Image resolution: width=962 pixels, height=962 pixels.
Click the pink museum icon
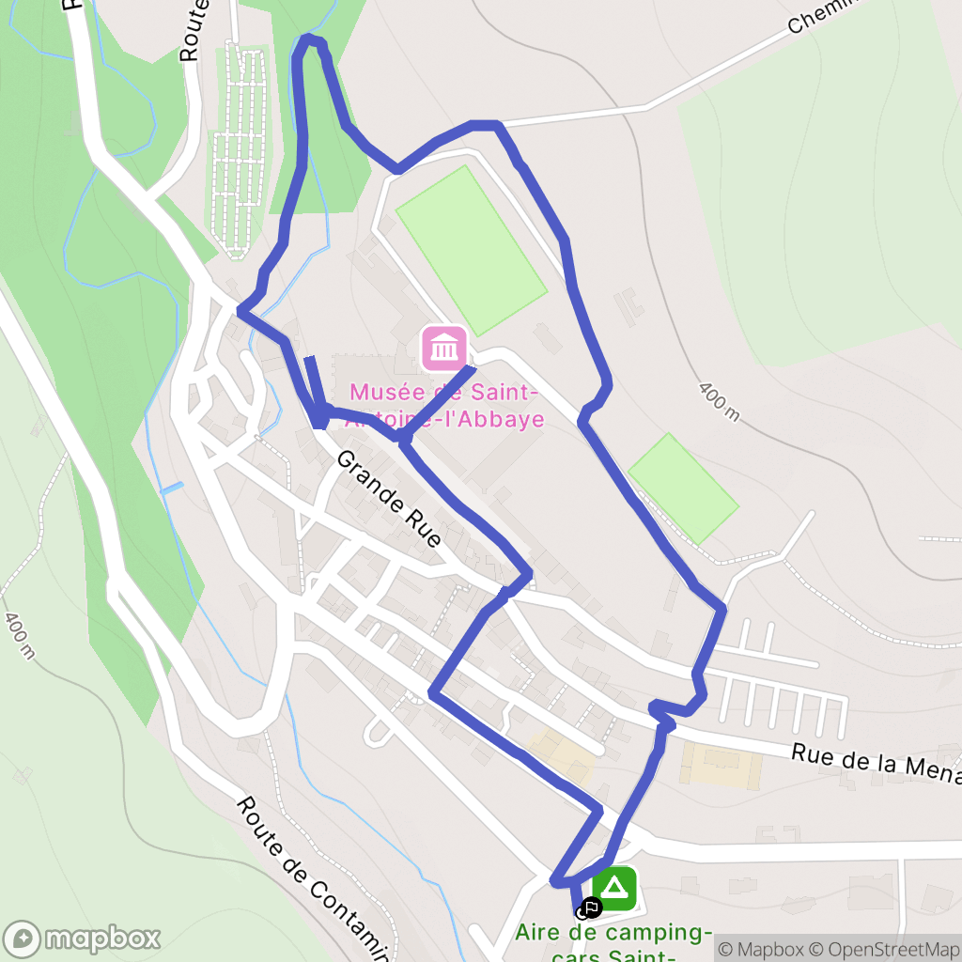(444, 348)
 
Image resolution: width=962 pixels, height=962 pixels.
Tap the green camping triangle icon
(614, 888)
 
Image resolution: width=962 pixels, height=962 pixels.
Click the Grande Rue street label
(388, 499)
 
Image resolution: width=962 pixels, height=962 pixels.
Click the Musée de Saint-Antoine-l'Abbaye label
(446, 405)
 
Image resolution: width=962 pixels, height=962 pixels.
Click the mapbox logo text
(102, 938)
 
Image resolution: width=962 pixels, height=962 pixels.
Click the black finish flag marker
(591, 908)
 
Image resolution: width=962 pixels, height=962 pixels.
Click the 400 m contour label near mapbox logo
(19, 635)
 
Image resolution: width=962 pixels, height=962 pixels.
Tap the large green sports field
(471, 250)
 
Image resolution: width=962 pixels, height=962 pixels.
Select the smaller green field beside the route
(683, 488)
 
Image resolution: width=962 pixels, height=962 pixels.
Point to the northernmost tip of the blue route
(310, 39)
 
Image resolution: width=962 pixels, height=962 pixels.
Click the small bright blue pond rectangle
(171, 489)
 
